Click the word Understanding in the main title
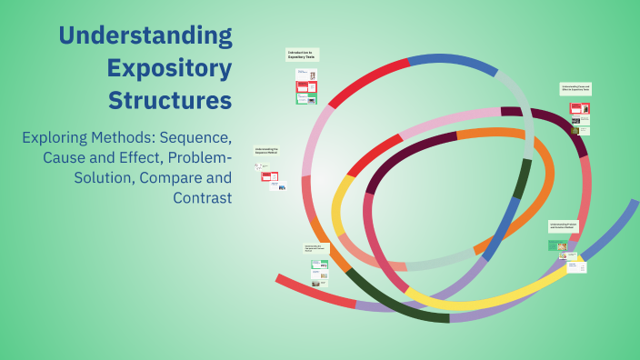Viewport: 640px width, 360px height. (145, 36)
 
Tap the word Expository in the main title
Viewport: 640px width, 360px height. (168, 68)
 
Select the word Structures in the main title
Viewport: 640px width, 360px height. (170, 100)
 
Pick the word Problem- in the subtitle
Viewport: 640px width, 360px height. (201, 158)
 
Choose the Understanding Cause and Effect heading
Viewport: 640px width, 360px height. (575, 89)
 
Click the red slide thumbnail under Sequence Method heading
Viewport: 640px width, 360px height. (270, 176)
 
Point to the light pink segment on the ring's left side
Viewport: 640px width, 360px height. (313, 145)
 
